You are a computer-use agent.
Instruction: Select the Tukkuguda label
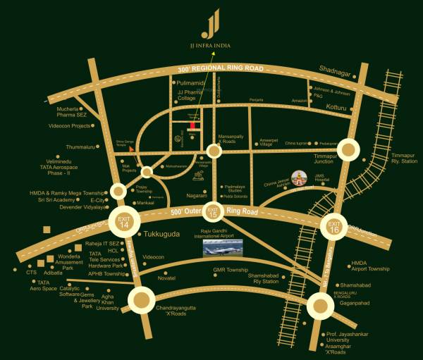[159, 233]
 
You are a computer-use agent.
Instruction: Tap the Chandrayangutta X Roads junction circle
[140, 301]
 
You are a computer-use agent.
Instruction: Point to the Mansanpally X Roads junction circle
[215, 150]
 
